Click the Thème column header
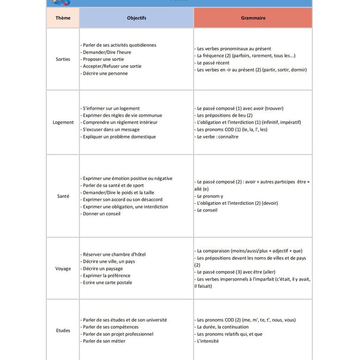(62, 18)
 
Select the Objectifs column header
(136, 18)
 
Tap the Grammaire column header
(253, 18)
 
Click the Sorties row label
(62, 59)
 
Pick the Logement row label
(63, 123)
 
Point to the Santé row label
(62, 196)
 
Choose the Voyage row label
(63, 269)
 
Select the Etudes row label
(63, 330)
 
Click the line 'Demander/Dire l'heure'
(107, 52)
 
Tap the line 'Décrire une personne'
(105, 73)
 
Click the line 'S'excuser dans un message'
(111, 130)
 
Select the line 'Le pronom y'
(210, 196)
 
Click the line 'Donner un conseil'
(102, 214)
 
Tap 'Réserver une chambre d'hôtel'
(114, 255)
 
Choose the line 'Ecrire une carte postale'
(107, 283)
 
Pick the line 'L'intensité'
(208, 341)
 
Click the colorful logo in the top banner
(61, 2)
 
